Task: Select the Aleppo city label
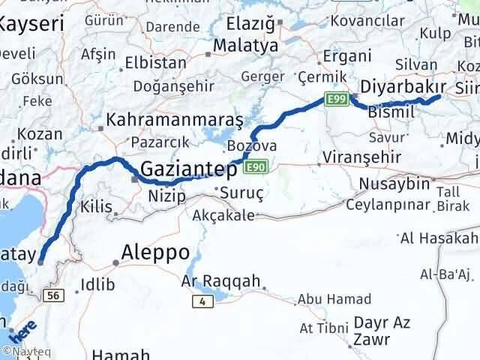[154, 252]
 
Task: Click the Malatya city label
[245, 46]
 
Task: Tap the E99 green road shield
[334, 97]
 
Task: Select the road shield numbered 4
[202, 301]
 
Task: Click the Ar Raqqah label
[220, 282]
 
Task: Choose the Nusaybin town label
[394, 184]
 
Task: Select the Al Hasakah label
[439, 238]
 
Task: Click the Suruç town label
[241, 193]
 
